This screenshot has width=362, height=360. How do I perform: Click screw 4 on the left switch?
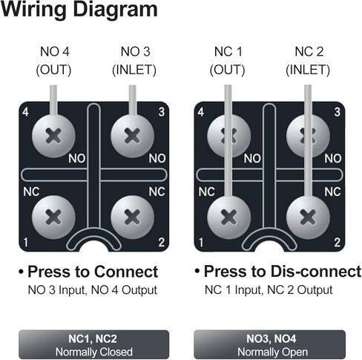[53, 135]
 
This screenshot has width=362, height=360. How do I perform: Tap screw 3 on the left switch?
[131, 135]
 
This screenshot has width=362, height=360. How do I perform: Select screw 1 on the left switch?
[53, 217]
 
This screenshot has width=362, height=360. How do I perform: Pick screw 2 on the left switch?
[131, 217]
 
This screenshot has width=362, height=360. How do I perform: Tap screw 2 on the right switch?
[306, 217]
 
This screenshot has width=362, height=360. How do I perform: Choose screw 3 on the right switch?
[306, 135]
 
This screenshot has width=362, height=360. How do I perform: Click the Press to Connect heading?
[92, 271]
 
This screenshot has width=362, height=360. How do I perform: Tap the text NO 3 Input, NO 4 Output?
[92, 289]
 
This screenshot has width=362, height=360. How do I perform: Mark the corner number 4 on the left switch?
[25, 113]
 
